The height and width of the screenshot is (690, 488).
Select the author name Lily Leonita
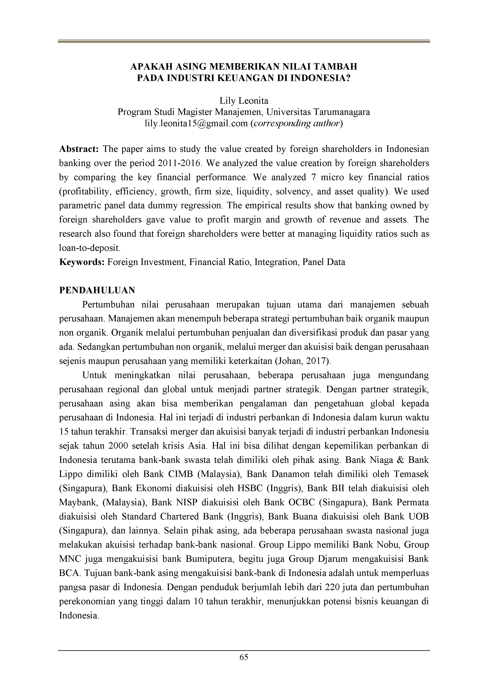click(244, 101)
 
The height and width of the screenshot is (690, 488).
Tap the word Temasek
click(411, 474)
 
